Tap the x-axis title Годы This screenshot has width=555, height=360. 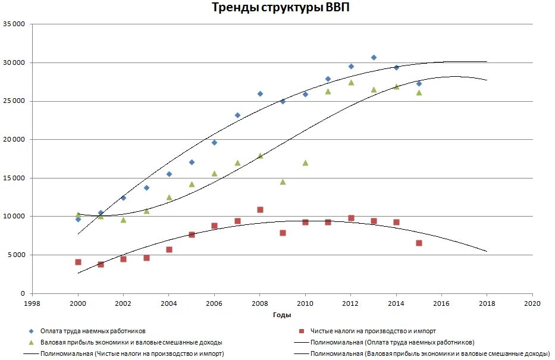click(x=282, y=315)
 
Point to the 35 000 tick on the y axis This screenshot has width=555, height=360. click(x=14, y=24)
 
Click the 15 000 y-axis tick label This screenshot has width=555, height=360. click(x=14, y=178)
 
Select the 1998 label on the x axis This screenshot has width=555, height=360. click(x=32, y=303)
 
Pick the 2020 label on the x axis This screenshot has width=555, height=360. click(x=532, y=303)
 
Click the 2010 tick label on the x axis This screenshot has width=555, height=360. click(x=305, y=303)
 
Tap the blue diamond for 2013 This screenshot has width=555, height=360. click(x=374, y=58)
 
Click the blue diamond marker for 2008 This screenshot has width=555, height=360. click(x=260, y=93)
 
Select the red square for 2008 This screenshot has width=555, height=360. click(x=260, y=209)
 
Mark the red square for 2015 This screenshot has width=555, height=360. click(x=419, y=243)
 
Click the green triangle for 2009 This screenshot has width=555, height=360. click(x=283, y=181)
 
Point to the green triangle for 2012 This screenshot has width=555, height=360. click(x=351, y=82)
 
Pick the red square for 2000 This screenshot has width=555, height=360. click(x=78, y=262)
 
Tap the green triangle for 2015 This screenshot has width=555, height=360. click(x=419, y=92)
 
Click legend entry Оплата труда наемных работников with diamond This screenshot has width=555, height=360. click(x=93, y=331)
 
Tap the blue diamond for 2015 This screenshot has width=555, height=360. click(x=419, y=83)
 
